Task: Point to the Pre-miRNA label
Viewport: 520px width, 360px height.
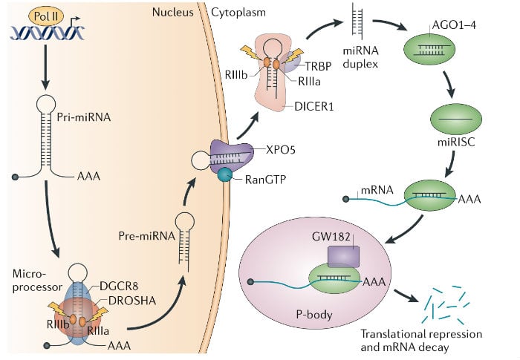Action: click(140, 235)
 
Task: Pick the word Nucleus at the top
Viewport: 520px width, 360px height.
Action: click(173, 13)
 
